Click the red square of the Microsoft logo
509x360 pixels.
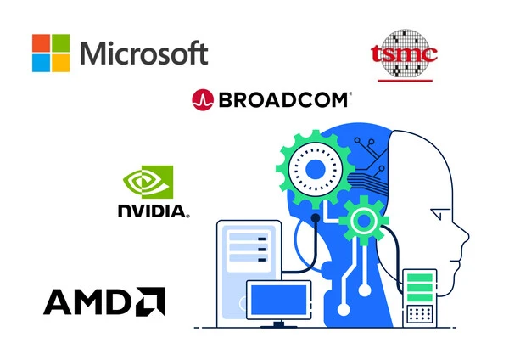coord(42,43)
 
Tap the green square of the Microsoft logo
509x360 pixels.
coord(61,43)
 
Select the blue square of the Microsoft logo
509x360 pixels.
coord(42,63)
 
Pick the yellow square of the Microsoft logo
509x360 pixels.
coord(61,63)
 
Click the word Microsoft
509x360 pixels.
coord(144,53)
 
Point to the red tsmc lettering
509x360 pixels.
coord(404,53)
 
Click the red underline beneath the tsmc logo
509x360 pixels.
coord(406,81)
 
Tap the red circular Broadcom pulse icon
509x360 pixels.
coord(203,99)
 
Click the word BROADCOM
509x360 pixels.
coord(284,100)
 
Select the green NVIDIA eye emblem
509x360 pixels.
coord(148,182)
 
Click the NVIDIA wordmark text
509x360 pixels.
coord(154,211)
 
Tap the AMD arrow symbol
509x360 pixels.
coord(150,301)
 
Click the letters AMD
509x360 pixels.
coord(88,301)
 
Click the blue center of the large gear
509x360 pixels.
coord(316,169)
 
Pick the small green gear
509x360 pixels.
coord(364,221)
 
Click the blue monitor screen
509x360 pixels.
coord(279,300)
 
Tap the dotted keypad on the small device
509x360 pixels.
coord(420,314)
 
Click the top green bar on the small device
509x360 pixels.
coord(420,278)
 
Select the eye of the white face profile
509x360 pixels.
coord(439,214)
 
